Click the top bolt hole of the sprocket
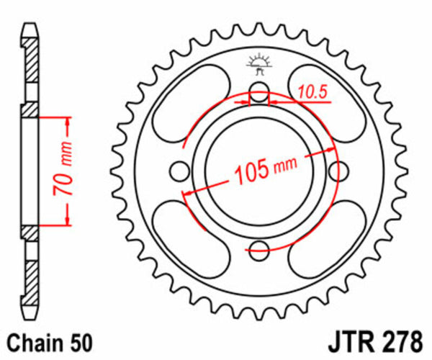259,92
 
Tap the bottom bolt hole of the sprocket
259,250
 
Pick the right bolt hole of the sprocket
338,171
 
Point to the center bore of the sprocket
259,171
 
